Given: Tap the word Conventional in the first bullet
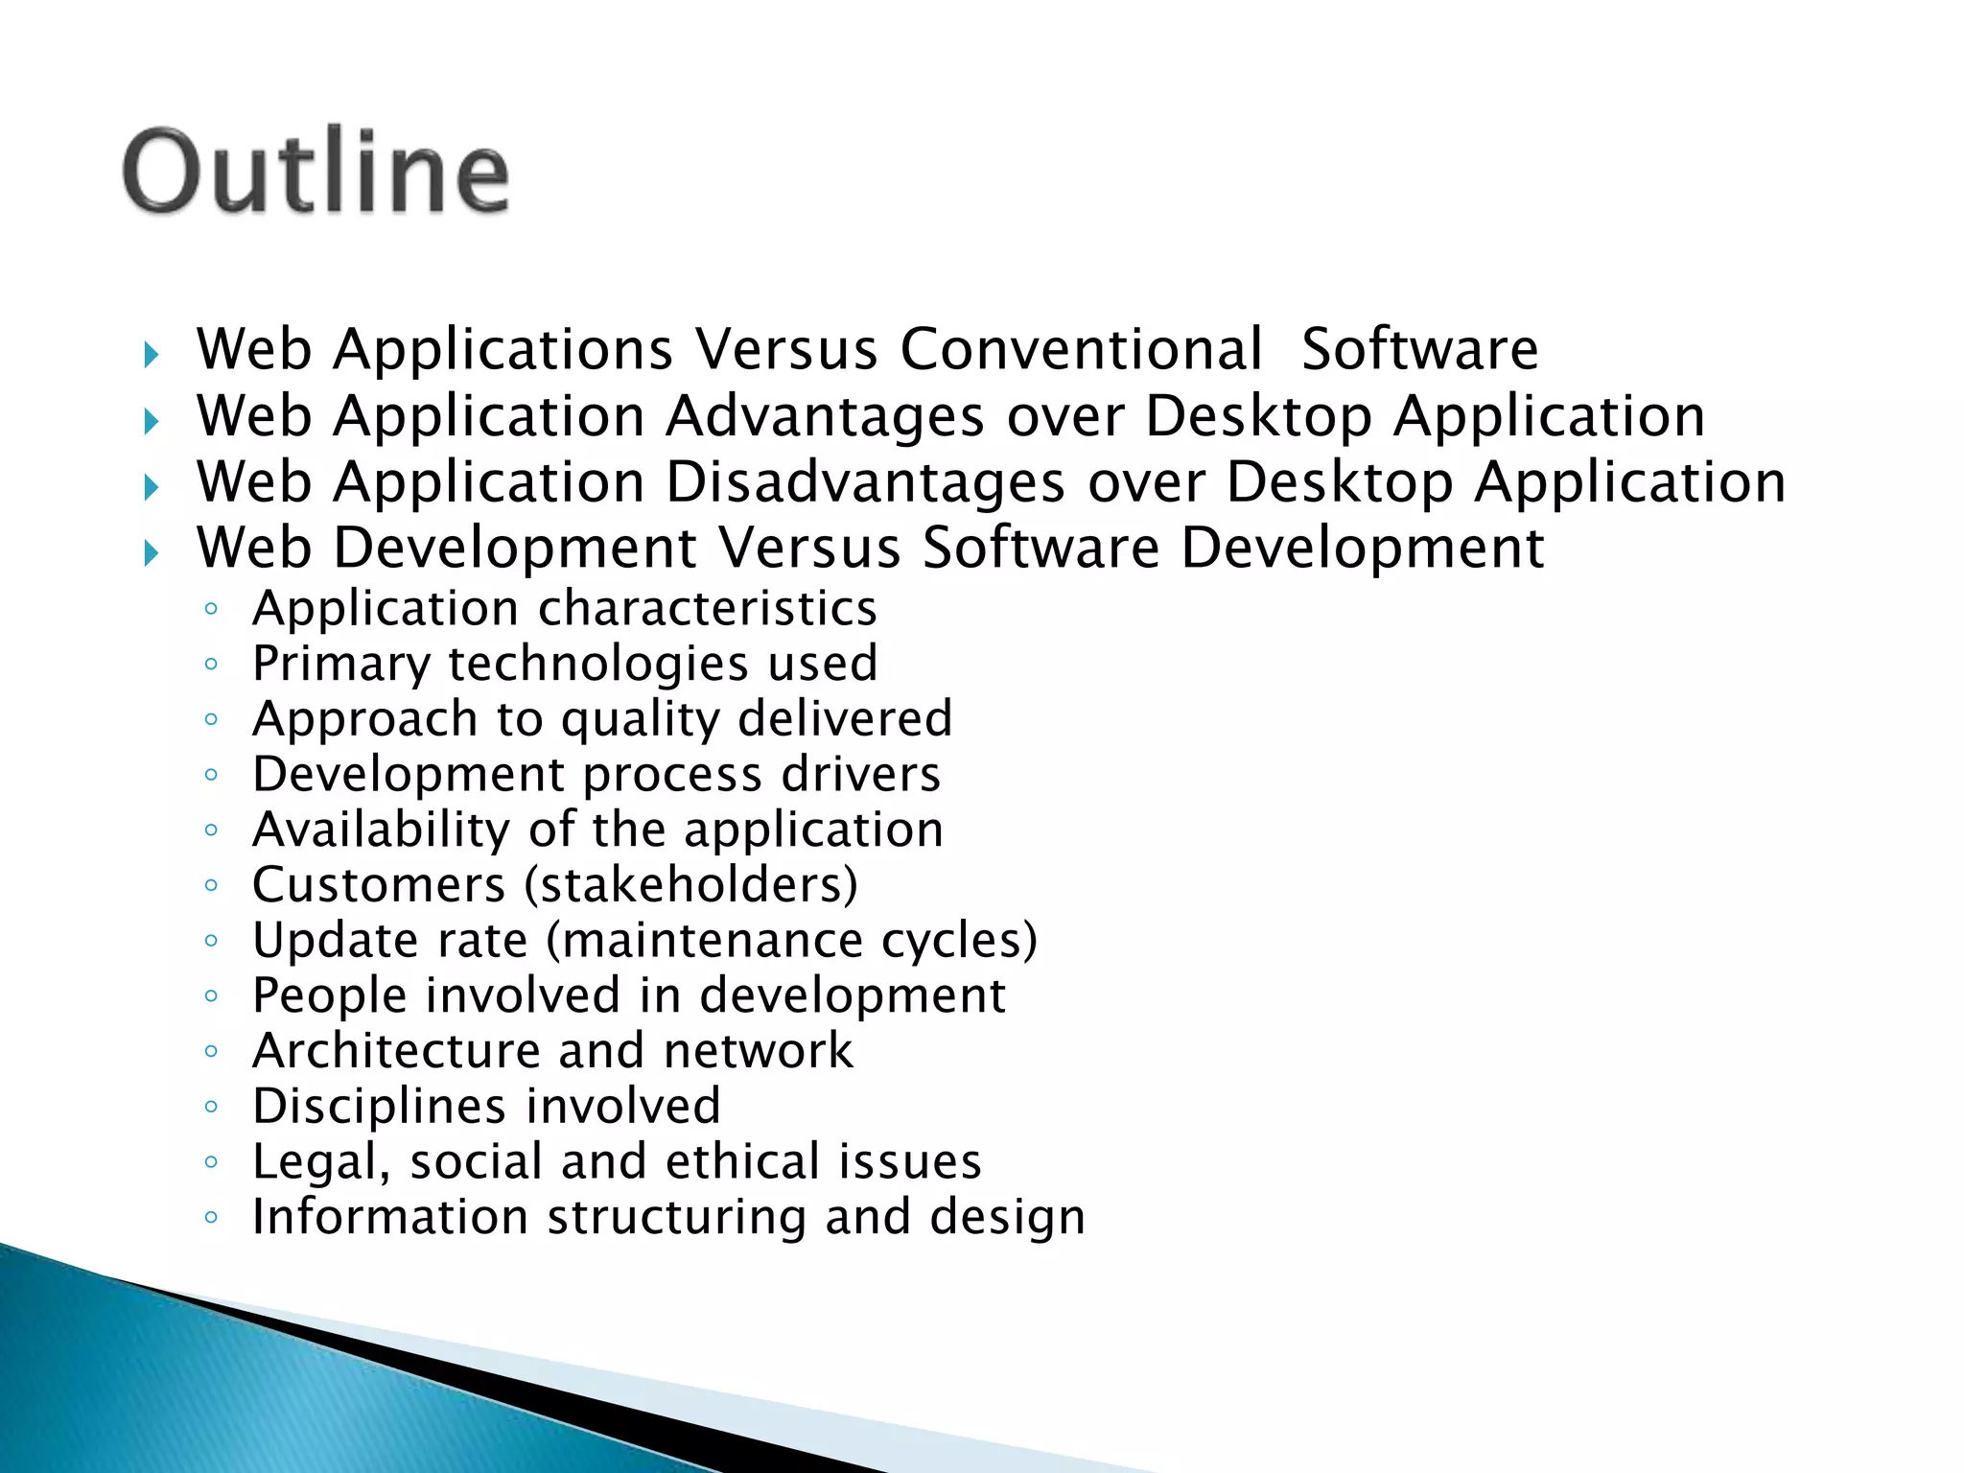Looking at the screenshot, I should (x=1081, y=349).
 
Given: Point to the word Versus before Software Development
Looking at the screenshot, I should (x=809, y=549).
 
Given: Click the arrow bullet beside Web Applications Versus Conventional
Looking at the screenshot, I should (x=151, y=356).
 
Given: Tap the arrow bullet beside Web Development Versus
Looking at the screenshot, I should (x=151, y=553).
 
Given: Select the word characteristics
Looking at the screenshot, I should (x=708, y=609).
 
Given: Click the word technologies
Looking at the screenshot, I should (x=597, y=664).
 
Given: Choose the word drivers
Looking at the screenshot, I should (x=860, y=775).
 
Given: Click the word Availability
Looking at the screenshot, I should (x=381, y=830).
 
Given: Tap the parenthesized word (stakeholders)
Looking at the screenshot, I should (x=690, y=885).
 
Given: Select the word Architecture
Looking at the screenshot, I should (x=396, y=1051).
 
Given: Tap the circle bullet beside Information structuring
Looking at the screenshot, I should (x=212, y=1219).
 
